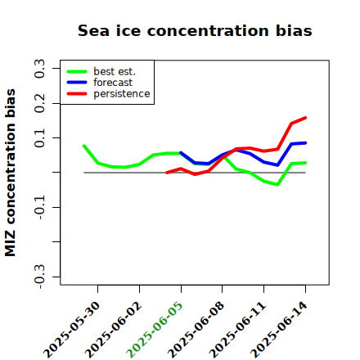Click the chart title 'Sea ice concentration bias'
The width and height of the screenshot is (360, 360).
[x=195, y=30]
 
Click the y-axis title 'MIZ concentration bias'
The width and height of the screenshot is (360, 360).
[x=10, y=173]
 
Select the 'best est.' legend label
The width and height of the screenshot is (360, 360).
[x=115, y=71]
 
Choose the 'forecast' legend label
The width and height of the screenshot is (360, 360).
[x=113, y=83]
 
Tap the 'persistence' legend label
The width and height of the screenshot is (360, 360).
[x=122, y=94]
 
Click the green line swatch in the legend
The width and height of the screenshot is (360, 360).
[x=77, y=71]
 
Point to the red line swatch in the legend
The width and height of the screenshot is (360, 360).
[x=77, y=94]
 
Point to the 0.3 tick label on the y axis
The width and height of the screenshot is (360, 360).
[x=39, y=69]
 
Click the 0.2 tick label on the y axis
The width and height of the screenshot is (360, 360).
[x=39, y=103]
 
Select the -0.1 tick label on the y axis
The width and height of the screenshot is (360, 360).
[x=39, y=208]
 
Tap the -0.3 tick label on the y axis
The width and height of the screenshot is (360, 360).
[x=39, y=277]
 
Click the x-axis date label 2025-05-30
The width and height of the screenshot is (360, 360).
[x=72, y=330]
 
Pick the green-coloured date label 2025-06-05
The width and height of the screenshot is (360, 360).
[x=155, y=330]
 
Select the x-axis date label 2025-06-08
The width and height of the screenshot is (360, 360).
[x=196, y=330]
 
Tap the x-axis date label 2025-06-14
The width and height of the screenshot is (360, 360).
[x=279, y=330]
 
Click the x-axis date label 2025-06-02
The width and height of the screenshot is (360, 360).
[x=113, y=330]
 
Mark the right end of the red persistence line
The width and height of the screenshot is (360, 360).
[x=305, y=118]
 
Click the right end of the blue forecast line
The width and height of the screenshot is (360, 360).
[x=305, y=143]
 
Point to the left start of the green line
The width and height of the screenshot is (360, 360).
[x=84, y=146]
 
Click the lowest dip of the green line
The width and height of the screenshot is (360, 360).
[x=277, y=185]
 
